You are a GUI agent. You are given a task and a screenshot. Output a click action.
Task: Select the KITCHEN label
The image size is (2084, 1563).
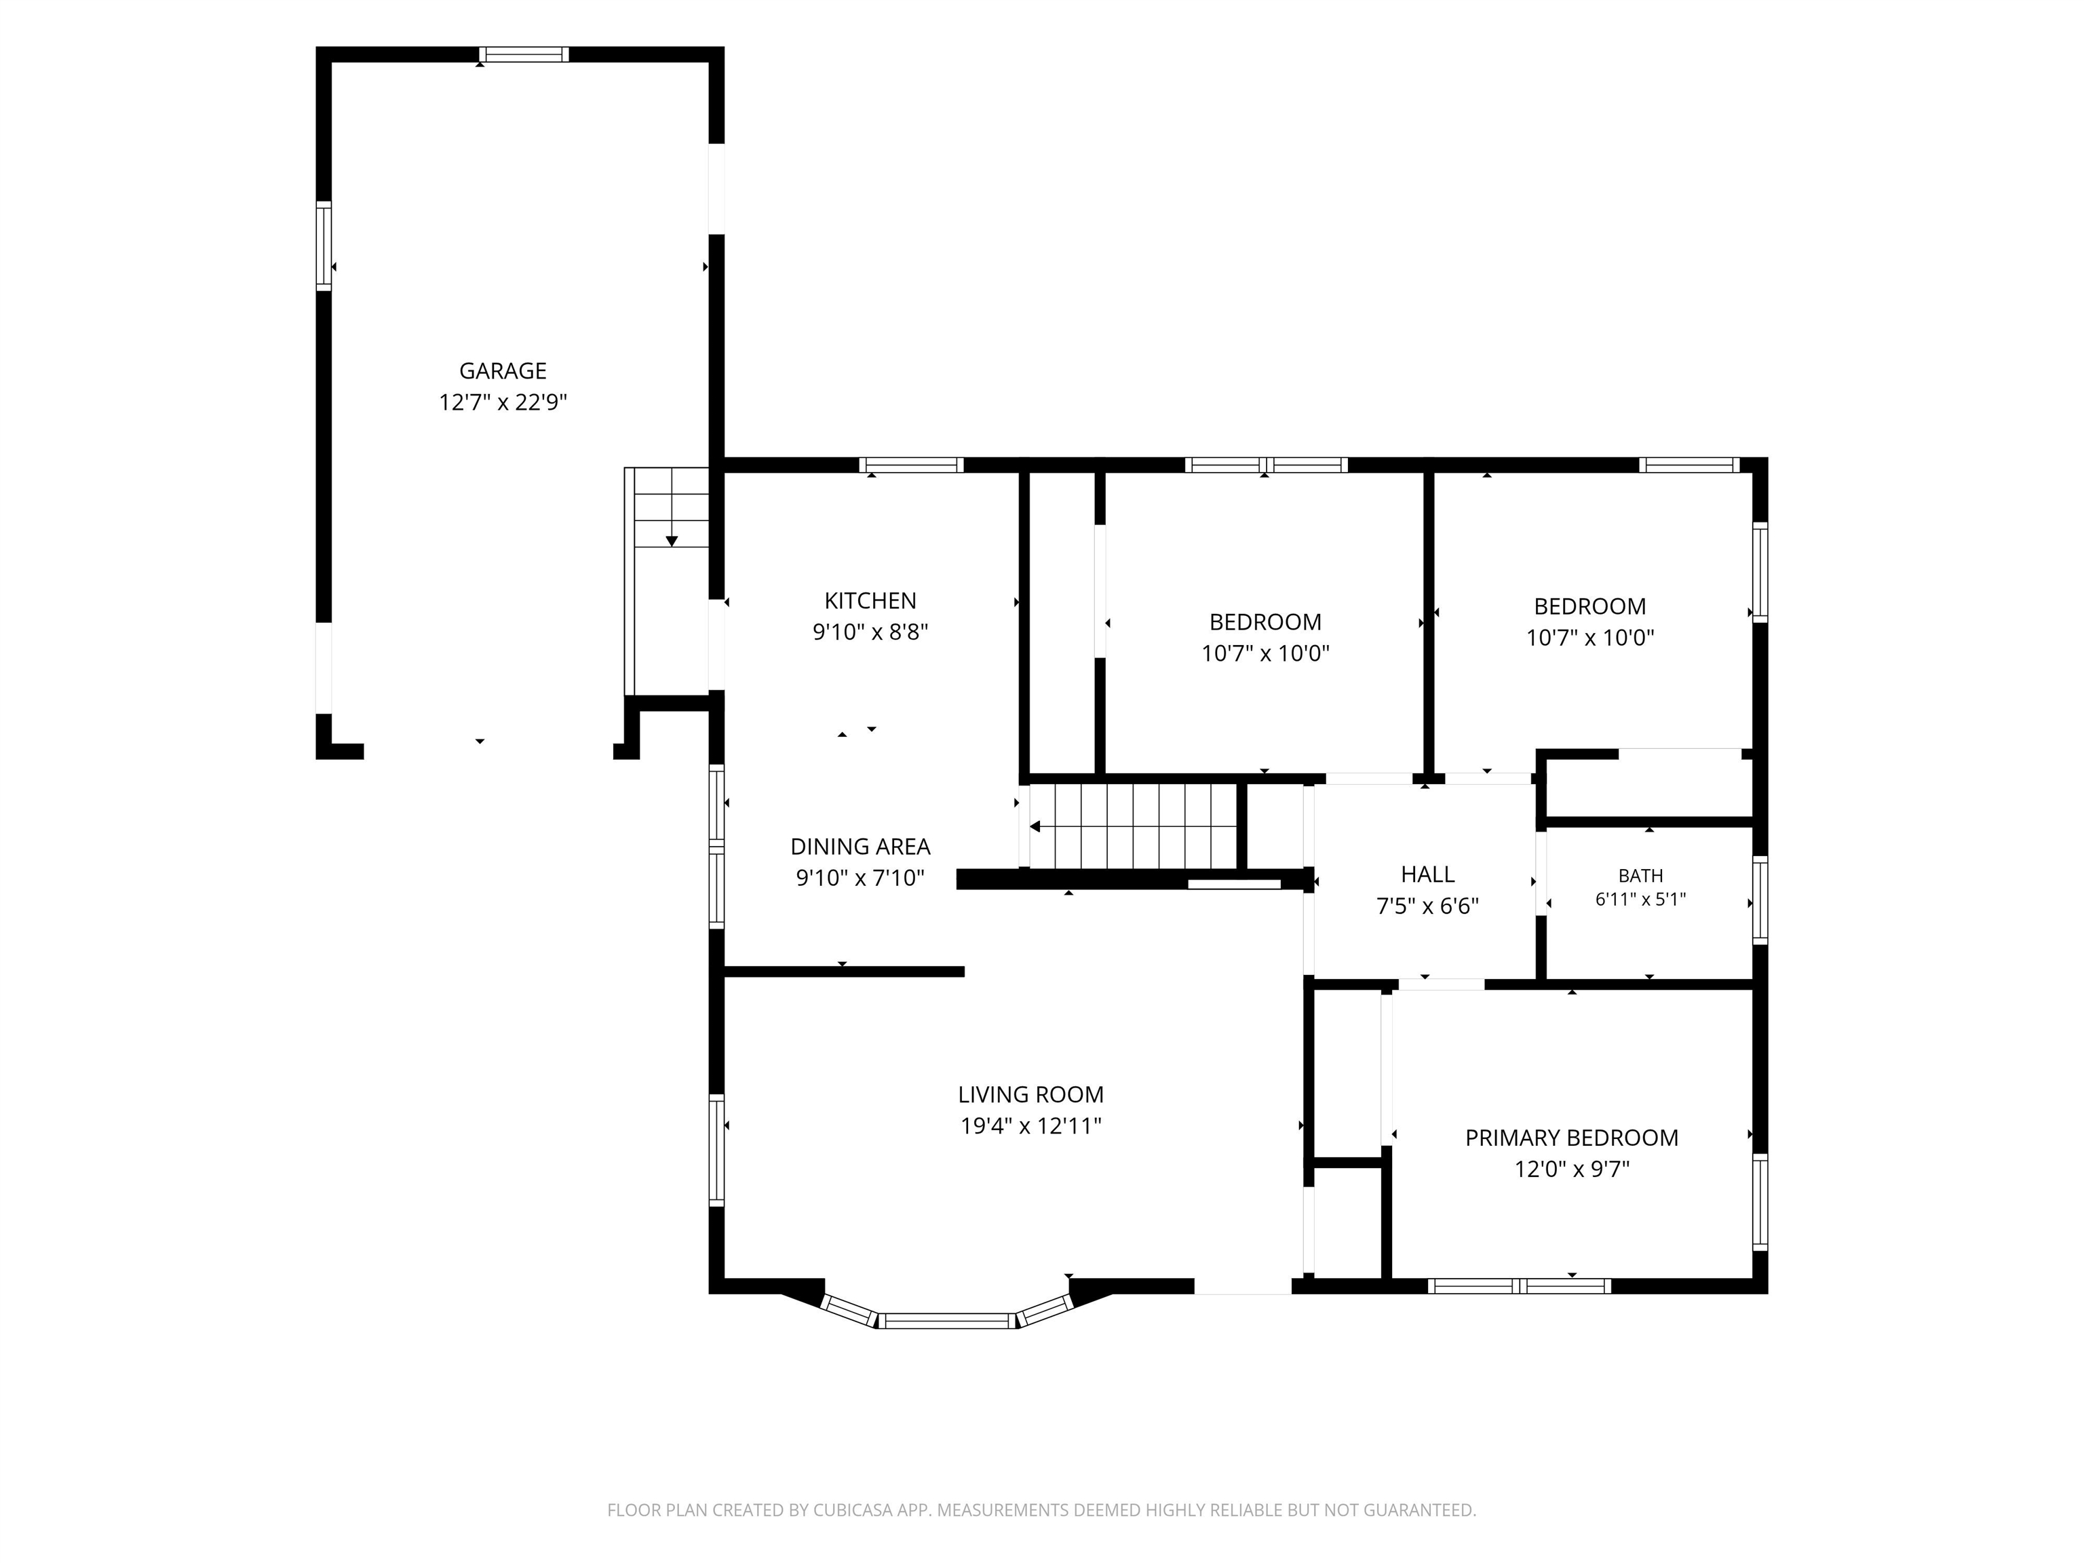(870, 600)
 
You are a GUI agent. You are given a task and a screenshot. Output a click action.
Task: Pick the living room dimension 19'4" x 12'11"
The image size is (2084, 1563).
(1030, 1126)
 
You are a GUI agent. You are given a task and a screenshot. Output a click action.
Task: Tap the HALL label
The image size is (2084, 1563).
(1427, 874)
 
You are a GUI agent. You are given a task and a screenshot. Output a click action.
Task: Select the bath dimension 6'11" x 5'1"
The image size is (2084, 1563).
(1640, 899)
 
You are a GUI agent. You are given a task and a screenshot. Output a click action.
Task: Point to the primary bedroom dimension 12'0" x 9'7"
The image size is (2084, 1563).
(1571, 1169)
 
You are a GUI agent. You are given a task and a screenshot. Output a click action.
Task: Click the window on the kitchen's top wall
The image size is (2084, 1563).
(911, 465)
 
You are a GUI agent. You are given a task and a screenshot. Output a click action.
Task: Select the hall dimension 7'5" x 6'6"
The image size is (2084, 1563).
(1427, 906)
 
